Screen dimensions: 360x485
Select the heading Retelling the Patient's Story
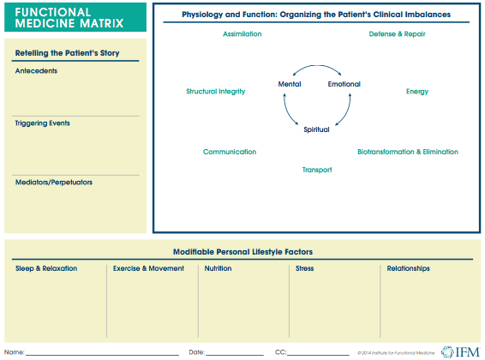67,55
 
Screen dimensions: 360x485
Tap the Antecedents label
37,70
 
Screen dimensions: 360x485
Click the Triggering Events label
43,123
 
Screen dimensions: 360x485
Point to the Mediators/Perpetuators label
54,183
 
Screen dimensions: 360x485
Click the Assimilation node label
242,34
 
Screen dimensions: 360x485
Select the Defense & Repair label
397,34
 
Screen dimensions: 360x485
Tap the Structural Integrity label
216,91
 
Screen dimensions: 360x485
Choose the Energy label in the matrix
417,91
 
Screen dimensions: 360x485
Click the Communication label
230,152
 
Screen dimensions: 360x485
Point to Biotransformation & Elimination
407,152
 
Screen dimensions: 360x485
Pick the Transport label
316,170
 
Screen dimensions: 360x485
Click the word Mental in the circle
290,84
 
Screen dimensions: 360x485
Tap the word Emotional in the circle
344,84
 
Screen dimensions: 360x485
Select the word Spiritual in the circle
316,129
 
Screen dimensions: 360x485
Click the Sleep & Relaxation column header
46,268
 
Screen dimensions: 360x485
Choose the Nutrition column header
218,268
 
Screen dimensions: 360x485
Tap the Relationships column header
408,268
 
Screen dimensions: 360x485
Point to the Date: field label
197,352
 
